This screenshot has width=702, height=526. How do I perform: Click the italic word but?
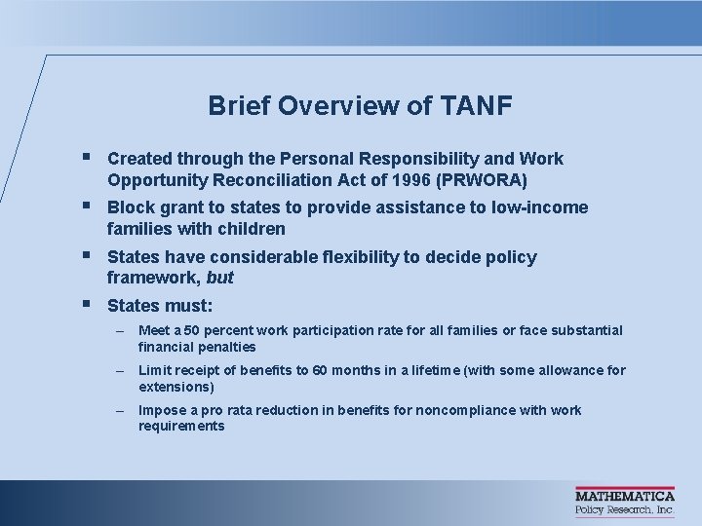click(220, 278)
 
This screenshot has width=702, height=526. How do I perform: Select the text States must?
click(160, 306)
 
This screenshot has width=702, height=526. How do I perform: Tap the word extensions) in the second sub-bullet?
click(176, 387)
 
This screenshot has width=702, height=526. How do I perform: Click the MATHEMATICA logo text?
click(624, 496)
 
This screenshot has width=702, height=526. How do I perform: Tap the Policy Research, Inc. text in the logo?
click(624, 509)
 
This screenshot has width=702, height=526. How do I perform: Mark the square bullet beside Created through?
click(88, 156)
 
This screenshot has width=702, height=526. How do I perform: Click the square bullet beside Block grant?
click(88, 206)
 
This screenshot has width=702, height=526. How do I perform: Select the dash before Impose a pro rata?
click(119, 410)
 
